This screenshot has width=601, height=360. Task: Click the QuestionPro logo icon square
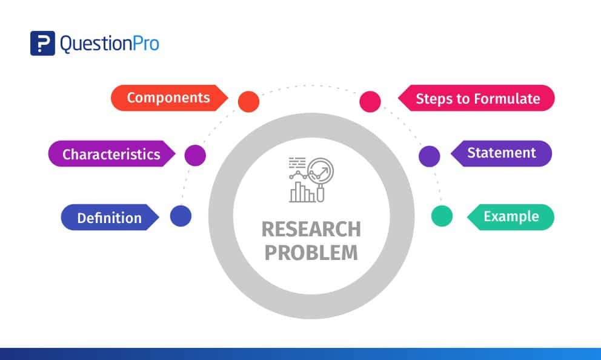click(42, 43)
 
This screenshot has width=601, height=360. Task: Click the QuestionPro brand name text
click(109, 44)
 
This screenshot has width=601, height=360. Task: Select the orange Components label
click(168, 98)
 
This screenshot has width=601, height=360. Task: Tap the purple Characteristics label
click(111, 154)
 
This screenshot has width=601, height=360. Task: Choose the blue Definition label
click(109, 218)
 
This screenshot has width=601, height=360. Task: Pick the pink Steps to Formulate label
click(477, 98)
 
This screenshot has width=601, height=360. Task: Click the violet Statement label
click(502, 153)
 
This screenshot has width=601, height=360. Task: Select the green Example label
click(511, 216)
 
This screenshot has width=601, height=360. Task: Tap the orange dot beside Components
click(248, 101)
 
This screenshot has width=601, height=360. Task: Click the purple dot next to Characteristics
click(195, 155)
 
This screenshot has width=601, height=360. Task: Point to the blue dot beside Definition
click(181, 216)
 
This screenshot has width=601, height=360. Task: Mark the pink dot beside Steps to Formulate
click(370, 101)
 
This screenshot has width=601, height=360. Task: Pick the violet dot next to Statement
click(429, 156)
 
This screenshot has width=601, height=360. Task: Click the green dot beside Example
click(442, 216)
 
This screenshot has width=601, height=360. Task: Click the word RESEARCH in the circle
click(311, 230)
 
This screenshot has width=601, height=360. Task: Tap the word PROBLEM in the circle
click(311, 252)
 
